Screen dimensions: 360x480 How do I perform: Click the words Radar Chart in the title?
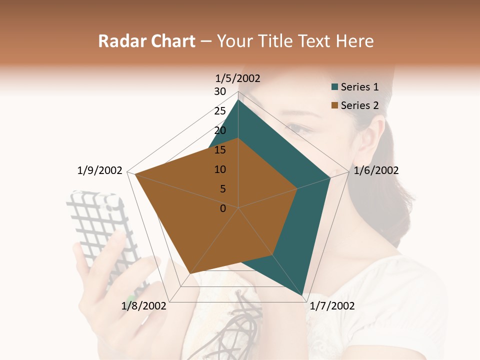point(146,41)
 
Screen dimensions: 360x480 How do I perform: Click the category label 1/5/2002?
point(238,78)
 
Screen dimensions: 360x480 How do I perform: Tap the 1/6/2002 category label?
point(376,170)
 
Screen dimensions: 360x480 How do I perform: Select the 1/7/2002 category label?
point(332,306)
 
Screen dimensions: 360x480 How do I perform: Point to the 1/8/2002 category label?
point(144,306)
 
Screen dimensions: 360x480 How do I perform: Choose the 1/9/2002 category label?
point(100,170)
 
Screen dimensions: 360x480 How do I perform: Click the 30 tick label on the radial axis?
point(220,91)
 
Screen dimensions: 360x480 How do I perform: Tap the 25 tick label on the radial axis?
point(220,111)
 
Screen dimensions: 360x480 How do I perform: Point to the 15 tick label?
point(220,150)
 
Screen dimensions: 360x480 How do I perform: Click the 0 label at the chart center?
point(223,208)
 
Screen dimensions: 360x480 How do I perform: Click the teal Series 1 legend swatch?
point(335,87)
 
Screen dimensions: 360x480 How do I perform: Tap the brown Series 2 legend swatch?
point(335,105)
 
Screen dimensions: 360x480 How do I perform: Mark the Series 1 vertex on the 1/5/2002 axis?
point(238,100)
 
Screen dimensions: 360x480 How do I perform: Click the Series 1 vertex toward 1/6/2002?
point(330,177)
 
